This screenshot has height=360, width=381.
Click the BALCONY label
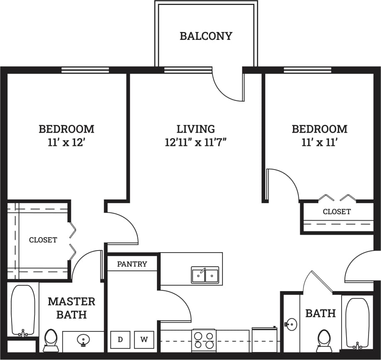tap(206, 36)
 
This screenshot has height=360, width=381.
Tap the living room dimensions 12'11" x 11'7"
tap(195, 143)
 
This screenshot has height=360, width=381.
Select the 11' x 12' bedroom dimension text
tap(66, 143)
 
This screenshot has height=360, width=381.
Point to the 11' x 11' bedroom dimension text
tap(319, 143)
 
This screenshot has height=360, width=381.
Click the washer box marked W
tap(144, 339)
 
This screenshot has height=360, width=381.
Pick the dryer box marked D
tap(120, 339)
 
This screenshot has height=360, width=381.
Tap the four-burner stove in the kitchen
tap(204, 341)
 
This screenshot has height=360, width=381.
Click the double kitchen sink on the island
tap(205, 275)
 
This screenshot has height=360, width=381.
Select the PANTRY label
tap(132, 264)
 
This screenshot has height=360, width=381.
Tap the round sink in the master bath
tap(83, 341)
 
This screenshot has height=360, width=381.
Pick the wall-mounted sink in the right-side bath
tap(291, 323)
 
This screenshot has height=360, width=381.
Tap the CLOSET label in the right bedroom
tap(337, 212)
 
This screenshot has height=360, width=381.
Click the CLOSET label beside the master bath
tap(43, 240)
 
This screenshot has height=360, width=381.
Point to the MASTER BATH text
tap(71, 308)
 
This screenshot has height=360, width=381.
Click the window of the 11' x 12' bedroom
tap(85, 70)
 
